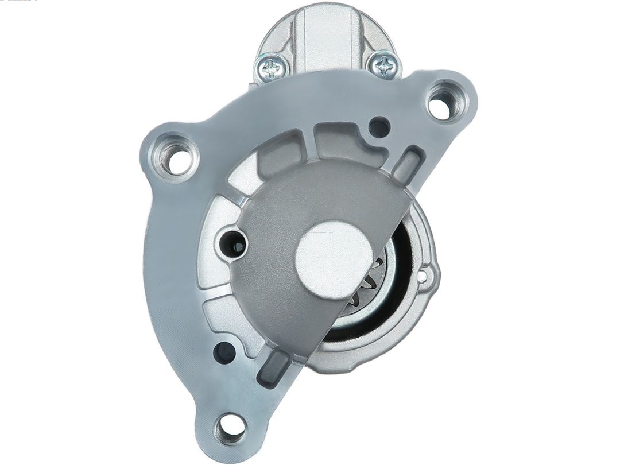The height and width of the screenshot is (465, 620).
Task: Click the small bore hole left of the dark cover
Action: tap(235, 246)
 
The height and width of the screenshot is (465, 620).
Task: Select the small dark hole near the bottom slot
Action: tap(224, 352)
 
